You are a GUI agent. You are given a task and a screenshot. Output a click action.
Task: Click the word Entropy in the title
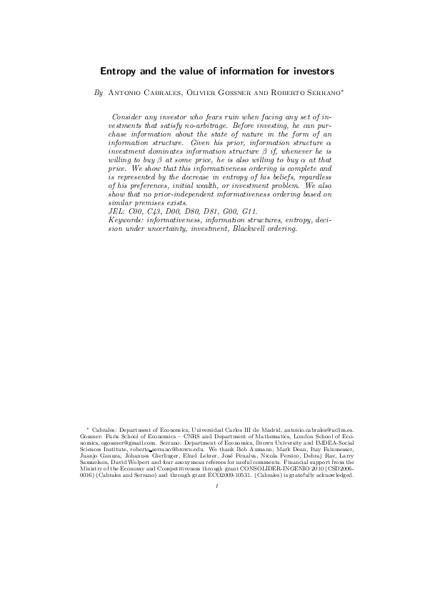click(x=117, y=71)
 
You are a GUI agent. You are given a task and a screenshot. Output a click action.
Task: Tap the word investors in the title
click(x=305, y=71)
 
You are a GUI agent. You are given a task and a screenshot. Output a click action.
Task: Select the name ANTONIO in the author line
click(x=126, y=93)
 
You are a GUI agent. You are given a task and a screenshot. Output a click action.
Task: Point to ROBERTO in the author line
click(x=275, y=93)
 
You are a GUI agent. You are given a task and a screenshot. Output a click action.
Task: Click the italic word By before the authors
click(x=99, y=93)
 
